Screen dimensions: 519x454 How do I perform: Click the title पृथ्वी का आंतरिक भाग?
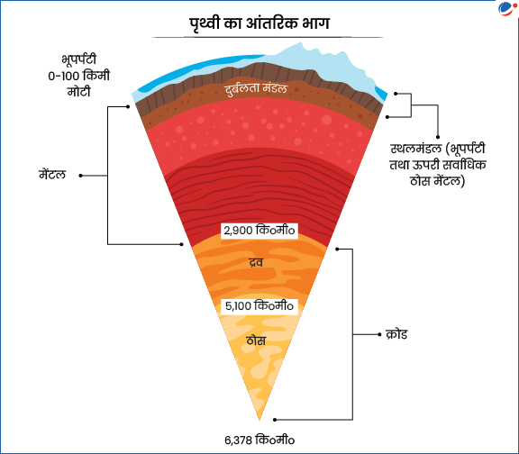coord(259,23)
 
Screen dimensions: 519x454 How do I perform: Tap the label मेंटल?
coord(52,175)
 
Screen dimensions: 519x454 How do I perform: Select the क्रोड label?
coord(396,334)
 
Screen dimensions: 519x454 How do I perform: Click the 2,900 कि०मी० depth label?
coord(259,231)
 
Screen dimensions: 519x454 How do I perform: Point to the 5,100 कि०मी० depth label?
coord(259,305)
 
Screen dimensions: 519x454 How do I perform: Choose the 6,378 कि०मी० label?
coord(259,440)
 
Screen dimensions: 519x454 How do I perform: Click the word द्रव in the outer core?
coord(256,262)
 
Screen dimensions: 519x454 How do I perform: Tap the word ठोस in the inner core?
coord(256,340)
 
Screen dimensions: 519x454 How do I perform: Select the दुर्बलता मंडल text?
coord(256,88)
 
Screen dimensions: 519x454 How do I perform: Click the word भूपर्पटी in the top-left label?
coord(78,59)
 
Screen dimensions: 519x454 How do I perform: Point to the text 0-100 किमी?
coord(78,76)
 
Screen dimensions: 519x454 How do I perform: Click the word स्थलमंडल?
coord(415,149)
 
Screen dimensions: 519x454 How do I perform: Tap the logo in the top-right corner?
coord(506,9)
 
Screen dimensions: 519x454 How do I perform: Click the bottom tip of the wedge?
coord(259,420)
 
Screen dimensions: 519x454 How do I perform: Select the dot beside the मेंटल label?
coord(80,176)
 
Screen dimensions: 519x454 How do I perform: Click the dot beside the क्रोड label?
coord(379,334)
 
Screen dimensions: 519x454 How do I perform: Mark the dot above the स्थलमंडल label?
coord(438,137)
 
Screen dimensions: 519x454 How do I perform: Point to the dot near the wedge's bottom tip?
coord(275,420)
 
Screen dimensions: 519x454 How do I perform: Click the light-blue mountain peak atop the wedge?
coord(301,43)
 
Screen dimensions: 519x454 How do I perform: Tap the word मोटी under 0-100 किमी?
coord(78,92)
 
